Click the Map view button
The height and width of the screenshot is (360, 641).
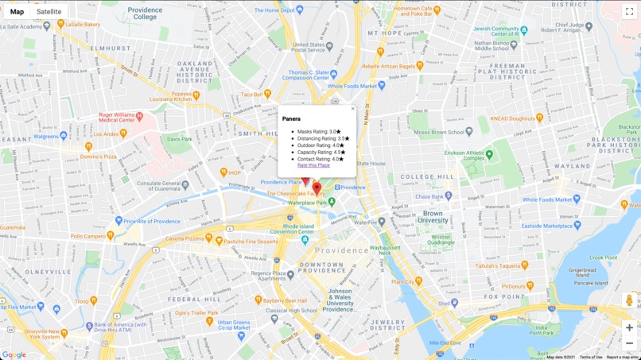point(17,12)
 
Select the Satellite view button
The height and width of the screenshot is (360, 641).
point(49,12)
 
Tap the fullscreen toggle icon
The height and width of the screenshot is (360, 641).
point(629,11)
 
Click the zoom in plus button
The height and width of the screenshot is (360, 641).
point(629,327)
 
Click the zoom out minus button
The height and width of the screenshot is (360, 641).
point(629,343)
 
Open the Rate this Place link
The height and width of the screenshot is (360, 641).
point(313,165)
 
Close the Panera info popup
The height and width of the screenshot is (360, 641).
point(352,109)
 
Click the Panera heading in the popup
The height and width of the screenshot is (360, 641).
point(291,119)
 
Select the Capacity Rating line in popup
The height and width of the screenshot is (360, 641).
point(321,152)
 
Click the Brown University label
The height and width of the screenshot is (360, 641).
point(433,217)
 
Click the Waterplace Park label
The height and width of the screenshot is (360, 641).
point(308,203)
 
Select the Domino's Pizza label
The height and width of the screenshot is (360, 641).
point(99,157)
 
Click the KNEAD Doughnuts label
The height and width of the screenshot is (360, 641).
point(512,118)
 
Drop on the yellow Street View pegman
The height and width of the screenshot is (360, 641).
point(629,300)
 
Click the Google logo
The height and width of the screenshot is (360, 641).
point(14,354)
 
